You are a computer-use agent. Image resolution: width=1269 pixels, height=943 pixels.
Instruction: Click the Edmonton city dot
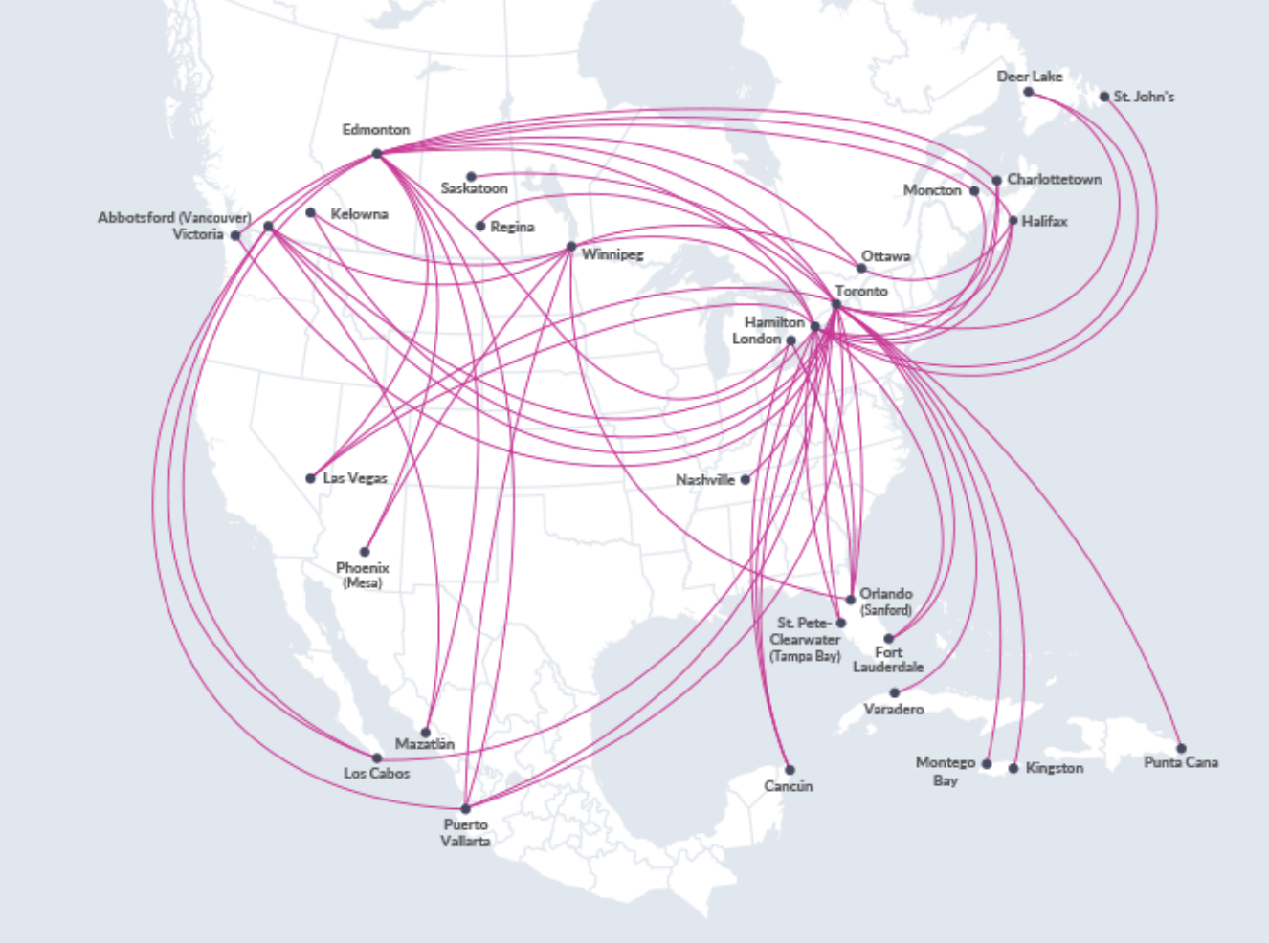coord(377,153)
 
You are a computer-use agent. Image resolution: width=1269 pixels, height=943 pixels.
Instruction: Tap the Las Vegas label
coord(355,478)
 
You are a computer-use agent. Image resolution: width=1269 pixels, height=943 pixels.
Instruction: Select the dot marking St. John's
coord(1104,97)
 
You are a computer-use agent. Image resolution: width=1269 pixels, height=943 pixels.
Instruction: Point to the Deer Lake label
coord(1030,77)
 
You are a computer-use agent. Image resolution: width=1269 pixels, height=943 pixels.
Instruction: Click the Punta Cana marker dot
coord(1181,749)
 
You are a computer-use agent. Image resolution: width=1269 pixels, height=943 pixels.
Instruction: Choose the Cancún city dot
coord(790,769)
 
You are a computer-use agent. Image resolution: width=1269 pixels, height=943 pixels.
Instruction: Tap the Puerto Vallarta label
coord(466,833)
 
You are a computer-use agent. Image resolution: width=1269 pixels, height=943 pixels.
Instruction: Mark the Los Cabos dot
coord(377,757)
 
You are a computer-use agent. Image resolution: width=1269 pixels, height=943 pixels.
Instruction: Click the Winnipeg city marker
coord(571,247)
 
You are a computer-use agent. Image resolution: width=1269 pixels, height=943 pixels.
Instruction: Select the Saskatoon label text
coord(475,189)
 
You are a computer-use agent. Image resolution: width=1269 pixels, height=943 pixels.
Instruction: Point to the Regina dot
coord(480,226)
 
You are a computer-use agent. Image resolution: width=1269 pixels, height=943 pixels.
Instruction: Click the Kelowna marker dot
coord(311,213)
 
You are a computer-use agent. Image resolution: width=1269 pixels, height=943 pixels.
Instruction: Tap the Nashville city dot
coord(746,479)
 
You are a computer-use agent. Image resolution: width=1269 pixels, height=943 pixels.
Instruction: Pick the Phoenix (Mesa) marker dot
coord(365,552)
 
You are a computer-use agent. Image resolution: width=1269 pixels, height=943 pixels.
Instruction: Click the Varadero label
coord(894,710)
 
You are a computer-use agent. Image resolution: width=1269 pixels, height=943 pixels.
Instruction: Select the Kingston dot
coord(1013,768)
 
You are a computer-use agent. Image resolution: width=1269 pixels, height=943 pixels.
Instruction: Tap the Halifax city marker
coord(1013,221)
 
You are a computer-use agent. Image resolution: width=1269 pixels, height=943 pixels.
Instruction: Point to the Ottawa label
coord(886,256)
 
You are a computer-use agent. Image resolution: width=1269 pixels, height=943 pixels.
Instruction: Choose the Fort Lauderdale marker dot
coord(889,638)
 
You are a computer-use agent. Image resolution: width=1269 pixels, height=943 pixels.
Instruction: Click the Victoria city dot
coord(235,235)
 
